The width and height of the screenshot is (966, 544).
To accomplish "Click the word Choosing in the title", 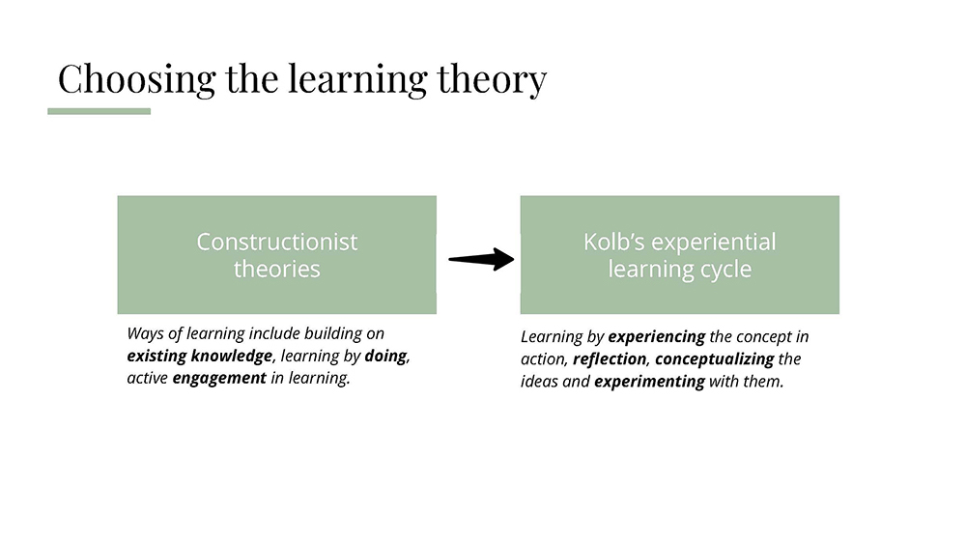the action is (137, 79).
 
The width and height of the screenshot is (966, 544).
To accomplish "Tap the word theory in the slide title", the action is (492, 79).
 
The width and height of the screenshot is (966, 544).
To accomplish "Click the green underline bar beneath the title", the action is (99, 111).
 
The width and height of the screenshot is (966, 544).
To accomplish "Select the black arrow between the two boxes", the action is (481, 259).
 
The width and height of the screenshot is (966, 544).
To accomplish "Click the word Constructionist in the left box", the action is (276, 242).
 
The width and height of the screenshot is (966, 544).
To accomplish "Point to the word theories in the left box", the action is (276, 270).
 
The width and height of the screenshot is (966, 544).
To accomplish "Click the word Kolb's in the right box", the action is (613, 242).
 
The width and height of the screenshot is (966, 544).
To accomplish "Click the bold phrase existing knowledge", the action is (200, 357).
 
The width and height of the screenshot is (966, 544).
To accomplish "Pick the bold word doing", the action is (385, 357).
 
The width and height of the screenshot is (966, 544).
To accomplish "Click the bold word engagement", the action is (219, 378).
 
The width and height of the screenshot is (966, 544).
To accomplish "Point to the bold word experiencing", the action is (657, 337).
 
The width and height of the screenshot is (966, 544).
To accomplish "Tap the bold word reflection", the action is (610, 359).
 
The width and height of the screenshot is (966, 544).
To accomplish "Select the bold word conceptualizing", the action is (715, 359).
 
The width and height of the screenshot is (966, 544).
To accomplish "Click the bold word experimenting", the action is (649, 382).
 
